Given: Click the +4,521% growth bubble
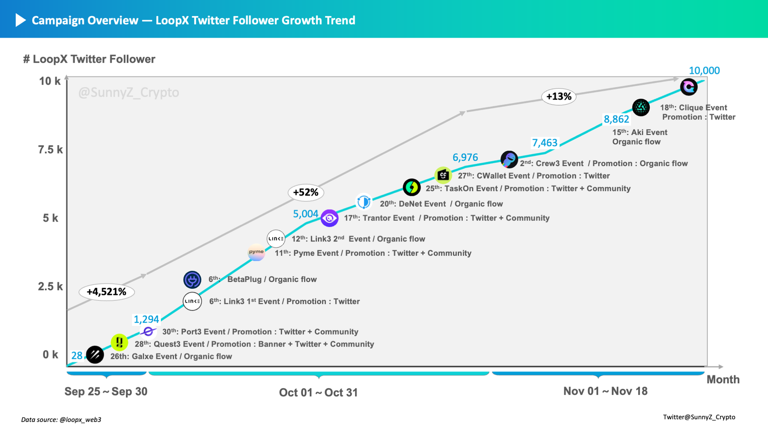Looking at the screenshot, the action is [x=107, y=292].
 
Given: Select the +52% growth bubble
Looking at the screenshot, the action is [x=306, y=192].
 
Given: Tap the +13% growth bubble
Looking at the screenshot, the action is [x=559, y=96].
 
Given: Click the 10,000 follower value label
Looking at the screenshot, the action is [x=704, y=71].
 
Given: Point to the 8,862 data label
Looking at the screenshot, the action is [x=616, y=119].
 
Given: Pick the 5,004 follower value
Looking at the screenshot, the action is [x=306, y=214].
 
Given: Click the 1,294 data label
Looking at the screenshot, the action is [x=146, y=319].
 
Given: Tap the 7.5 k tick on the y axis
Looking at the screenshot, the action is [x=50, y=150].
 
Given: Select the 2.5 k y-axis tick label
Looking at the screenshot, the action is [x=50, y=286].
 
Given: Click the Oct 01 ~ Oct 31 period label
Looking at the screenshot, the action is [x=318, y=392].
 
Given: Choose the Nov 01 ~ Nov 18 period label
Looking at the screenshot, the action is [x=605, y=391].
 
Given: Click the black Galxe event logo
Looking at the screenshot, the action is [x=95, y=354].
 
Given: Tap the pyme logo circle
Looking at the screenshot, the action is [x=256, y=252].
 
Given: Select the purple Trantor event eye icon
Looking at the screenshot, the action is [x=329, y=218].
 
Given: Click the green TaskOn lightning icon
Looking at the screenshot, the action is [x=412, y=187].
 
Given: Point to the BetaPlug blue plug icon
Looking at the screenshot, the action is [x=192, y=280].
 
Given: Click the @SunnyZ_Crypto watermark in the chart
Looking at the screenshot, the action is [x=129, y=93].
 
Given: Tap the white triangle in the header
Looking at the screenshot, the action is [x=20, y=20].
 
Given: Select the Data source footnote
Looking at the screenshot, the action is [x=61, y=420].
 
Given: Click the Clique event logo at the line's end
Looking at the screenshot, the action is [x=689, y=87].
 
